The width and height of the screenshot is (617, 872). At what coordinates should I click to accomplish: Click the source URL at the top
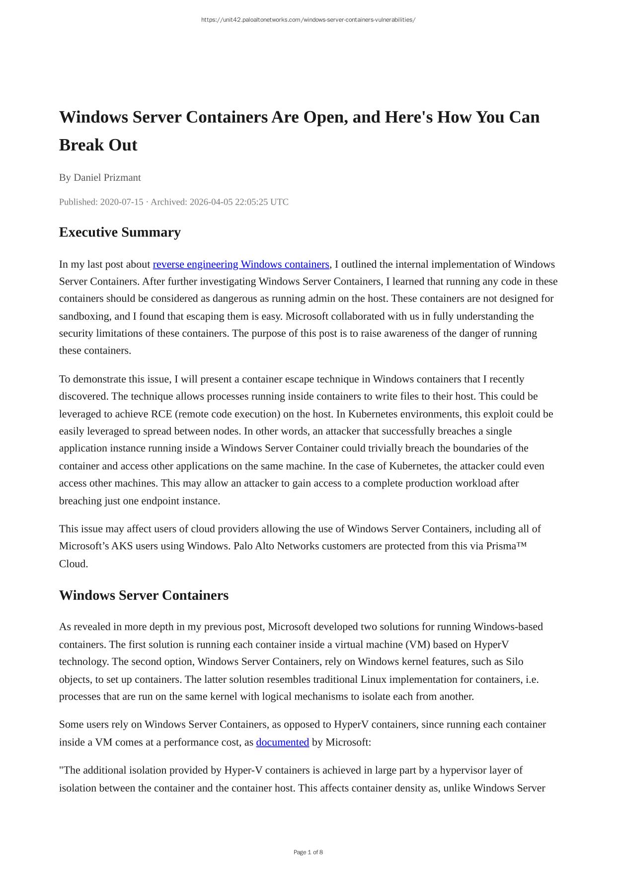coord(308,20)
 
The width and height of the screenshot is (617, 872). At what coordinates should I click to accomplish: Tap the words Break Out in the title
coord(98,145)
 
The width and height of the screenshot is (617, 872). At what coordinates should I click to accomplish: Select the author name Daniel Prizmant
coord(107,177)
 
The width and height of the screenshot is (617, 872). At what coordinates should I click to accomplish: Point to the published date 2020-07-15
coord(121,202)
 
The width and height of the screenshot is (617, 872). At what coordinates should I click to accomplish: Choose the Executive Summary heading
coord(120,232)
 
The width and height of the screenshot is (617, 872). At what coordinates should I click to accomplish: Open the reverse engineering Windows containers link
coord(241,264)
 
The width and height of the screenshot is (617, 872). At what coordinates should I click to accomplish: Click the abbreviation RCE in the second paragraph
coord(161,414)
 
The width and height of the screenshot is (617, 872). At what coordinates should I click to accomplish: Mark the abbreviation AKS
coord(122,546)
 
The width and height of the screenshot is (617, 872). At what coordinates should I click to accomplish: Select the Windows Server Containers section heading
coord(144,595)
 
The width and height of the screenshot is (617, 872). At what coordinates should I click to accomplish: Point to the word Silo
coord(514,661)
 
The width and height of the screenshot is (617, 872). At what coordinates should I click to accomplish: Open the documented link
coord(282,742)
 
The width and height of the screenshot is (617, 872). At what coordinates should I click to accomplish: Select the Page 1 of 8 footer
coord(308,852)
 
